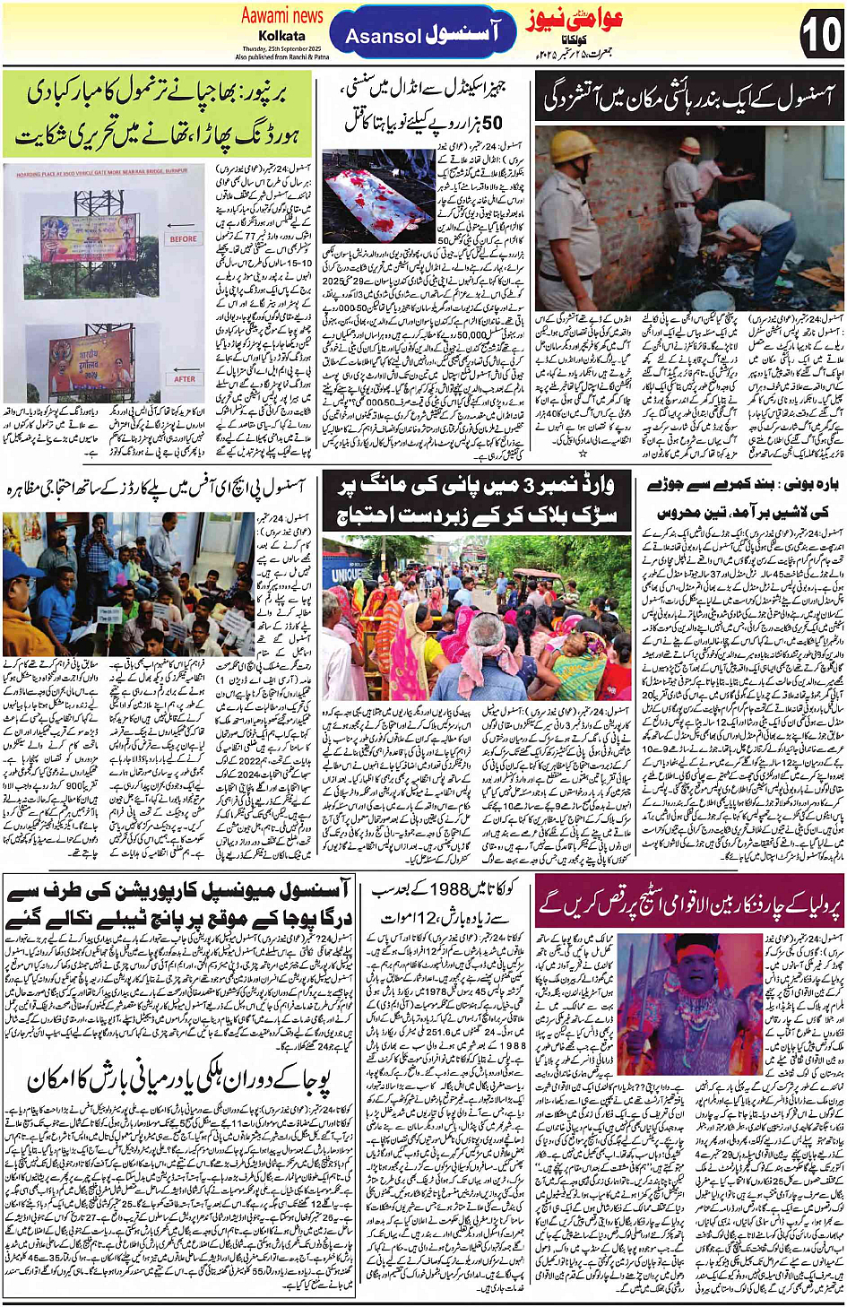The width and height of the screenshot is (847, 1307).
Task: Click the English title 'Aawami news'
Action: point(281,15)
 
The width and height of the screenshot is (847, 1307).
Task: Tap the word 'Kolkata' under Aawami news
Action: point(281,35)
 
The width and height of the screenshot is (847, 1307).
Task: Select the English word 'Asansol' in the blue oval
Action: point(383,37)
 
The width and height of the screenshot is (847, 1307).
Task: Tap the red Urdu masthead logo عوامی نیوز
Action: point(574,20)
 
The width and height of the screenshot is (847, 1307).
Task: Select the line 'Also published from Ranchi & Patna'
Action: point(281,56)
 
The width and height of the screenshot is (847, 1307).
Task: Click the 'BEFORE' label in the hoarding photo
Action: point(184,238)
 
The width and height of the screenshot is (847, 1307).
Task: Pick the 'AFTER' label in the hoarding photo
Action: point(184,378)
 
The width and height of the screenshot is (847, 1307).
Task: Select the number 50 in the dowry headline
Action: point(492,122)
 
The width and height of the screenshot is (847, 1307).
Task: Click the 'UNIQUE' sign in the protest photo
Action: point(348,574)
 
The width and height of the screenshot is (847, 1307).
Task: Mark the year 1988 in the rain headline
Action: point(449,890)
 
